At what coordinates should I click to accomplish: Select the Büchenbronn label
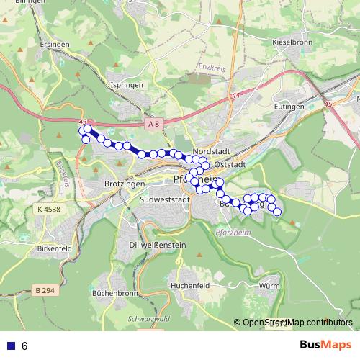(x=115, y=294)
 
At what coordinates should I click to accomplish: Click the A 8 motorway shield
(x=156, y=125)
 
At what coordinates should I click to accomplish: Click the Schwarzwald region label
(x=147, y=318)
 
